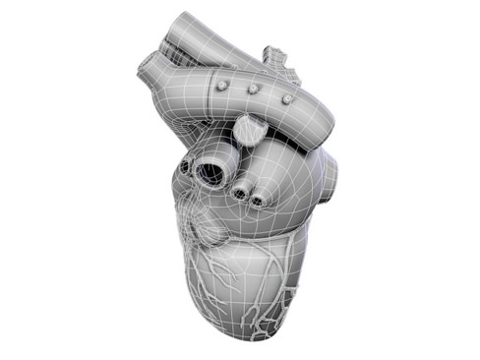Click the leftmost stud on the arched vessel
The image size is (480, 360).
tap(223, 86)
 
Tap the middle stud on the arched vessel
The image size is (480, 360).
tap(254, 90)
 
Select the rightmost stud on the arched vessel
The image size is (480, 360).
tap(287, 98)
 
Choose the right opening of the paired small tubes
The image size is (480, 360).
tap(257, 202)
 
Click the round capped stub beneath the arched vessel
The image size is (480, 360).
tap(248, 128)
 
